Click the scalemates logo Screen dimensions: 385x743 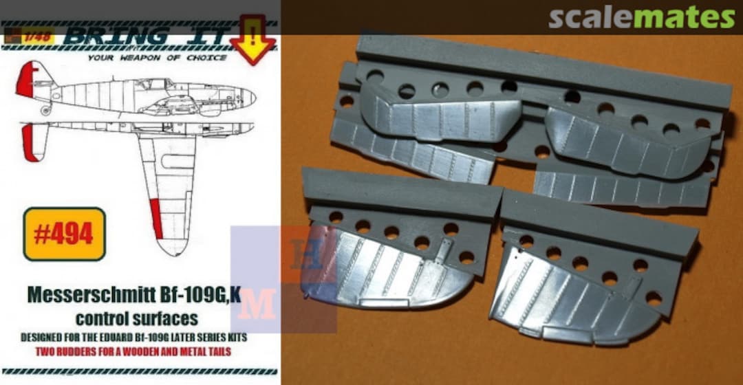[x=641, y=18]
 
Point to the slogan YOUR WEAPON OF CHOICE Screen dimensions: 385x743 [x=156, y=58]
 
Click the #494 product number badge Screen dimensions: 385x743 [x=64, y=234]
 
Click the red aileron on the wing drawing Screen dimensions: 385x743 [x=157, y=219]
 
